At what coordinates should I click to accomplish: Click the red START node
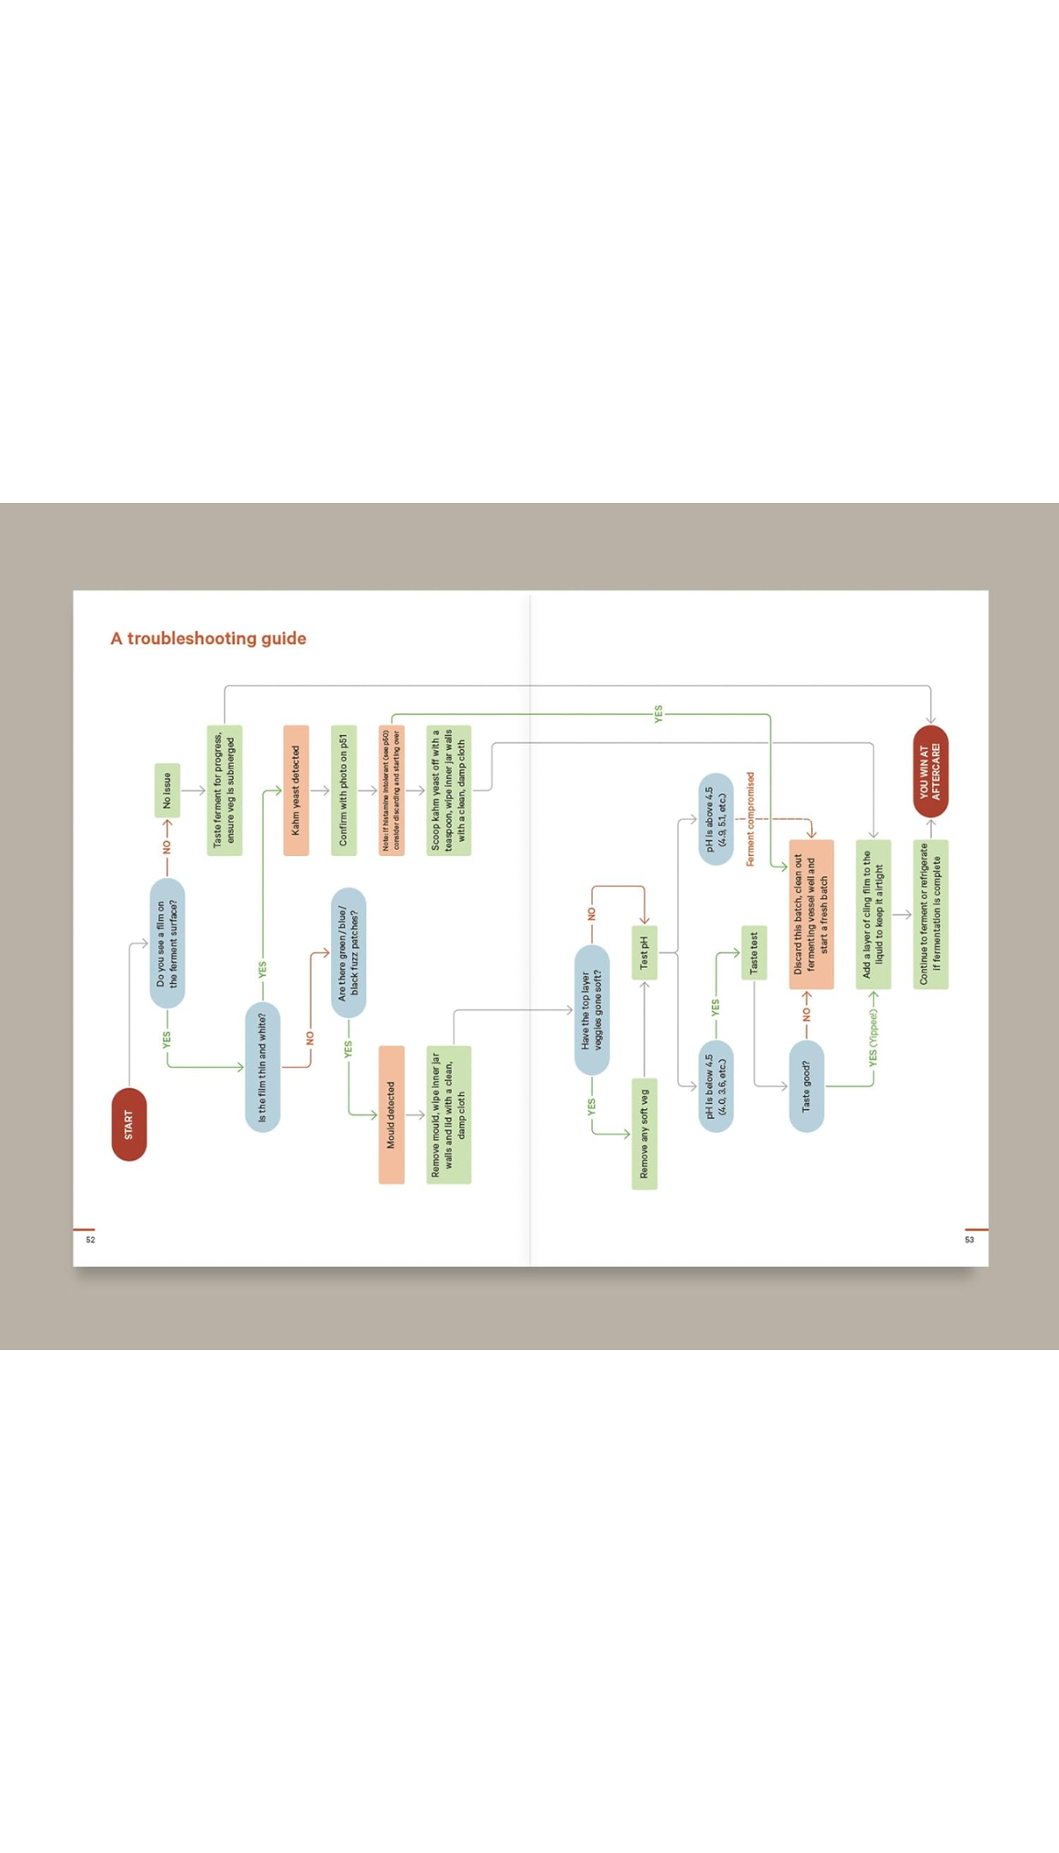pyautogui.click(x=129, y=1124)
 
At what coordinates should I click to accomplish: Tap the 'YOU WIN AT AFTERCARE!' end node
pyautogui.click(x=930, y=771)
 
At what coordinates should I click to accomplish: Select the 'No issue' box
pyautogui.click(x=167, y=790)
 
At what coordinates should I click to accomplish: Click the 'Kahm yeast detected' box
pyautogui.click(x=296, y=790)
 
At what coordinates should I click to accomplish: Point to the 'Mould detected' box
pyautogui.click(x=391, y=1114)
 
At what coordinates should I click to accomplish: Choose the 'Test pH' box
pyautogui.click(x=643, y=952)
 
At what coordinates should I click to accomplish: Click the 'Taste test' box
pyautogui.click(x=753, y=952)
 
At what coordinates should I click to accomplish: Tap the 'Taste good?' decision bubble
pyautogui.click(x=806, y=1085)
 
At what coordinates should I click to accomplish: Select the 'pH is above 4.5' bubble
pyautogui.click(x=715, y=819)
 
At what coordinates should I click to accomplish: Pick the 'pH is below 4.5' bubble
pyautogui.click(x=715, y=1085)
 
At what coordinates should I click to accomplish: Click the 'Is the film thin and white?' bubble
pyautogui.click(x=262, y=1067)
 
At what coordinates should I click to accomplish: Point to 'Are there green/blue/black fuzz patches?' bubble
pyautogui.click(x=348, y=952)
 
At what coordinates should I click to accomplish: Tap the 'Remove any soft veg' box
pyautogui.click(x=643, y=1133)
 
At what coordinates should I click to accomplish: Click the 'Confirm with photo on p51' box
pyautogui.click(x=343, y=790)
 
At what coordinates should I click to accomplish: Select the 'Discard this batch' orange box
pyautogui.click(x=811, y=913)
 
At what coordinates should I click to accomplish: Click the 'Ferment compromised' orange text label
pyautogui.click(x=750, y=819)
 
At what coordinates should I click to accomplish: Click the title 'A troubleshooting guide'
pyautogui.click(x=208, y=638)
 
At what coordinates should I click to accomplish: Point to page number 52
pyautogui.click(x=90, y=1240)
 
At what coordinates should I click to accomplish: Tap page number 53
pyautogui.click(x=969, y=1240)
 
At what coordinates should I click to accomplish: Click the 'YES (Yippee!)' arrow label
pyautogui.click(x=873, y=1038)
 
